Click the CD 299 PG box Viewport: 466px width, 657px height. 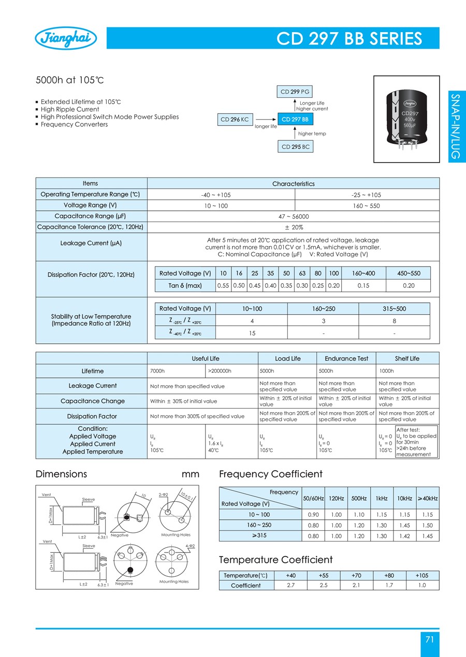[295, 92]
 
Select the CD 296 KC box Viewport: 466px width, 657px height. [235, 120]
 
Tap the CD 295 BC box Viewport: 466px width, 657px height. [295, 147]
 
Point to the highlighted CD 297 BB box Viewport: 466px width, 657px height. [295, 120]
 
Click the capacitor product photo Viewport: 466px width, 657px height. [406, 119]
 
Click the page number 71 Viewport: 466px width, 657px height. [429, 639]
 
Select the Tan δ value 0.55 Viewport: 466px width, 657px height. [223, 285]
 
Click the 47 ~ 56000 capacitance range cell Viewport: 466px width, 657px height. [293, 216]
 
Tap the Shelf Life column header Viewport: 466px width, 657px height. [407, 358]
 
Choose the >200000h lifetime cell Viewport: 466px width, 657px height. [231, 371]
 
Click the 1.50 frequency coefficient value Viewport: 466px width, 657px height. [428, 525]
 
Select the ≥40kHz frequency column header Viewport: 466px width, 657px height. [428, 498]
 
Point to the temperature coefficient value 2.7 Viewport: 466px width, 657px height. [291, 586]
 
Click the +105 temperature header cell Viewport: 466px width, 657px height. [421, 576]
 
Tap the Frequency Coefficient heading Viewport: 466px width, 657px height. [271, 474]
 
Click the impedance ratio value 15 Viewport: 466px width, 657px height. [252, 333]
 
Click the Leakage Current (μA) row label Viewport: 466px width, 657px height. [91, 243]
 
